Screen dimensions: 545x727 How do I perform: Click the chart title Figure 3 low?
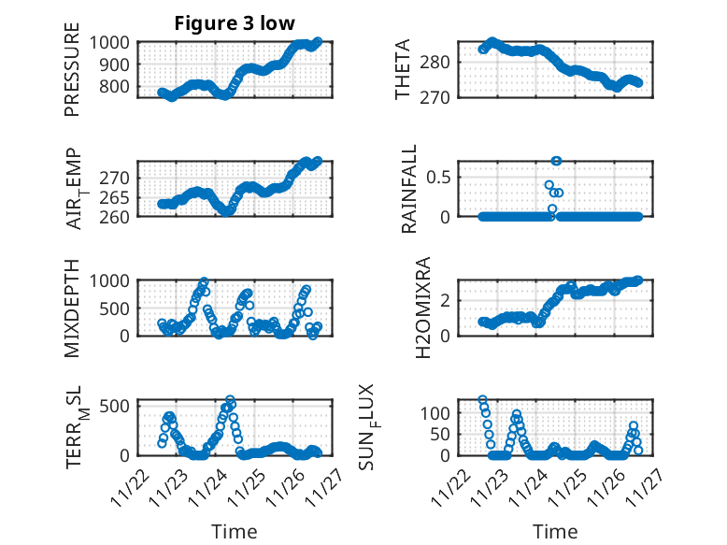[234, 23]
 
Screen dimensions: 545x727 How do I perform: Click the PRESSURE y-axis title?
[72, 77]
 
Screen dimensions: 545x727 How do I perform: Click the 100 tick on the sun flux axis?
[440, 412]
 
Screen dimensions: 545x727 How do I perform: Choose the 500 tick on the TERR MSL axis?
[119, 407]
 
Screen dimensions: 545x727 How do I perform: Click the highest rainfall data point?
[556, 161]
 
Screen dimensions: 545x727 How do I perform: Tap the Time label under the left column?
[234, 532]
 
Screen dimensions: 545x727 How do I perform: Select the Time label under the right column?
[555, 532]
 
